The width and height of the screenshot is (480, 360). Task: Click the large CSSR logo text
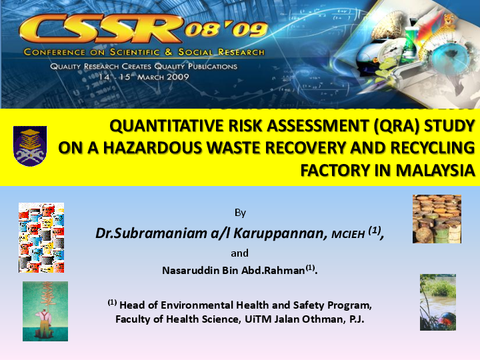click(100, 27)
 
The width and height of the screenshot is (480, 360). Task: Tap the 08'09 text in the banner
click(227, 29)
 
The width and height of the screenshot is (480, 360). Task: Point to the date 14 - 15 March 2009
click(144, 76)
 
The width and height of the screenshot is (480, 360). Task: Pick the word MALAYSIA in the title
click(435, 170)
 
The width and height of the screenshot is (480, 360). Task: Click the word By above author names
click(240, 213)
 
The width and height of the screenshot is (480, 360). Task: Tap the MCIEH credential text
click(349, 235)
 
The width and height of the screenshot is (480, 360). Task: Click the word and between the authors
click(239, 253)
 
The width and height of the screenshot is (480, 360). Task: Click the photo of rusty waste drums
click(437, 219)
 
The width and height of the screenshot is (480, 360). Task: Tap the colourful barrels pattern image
click(41, 237)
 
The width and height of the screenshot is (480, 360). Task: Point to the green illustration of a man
click(45, 311)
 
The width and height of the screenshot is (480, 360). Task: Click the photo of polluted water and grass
click(437, 302)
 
